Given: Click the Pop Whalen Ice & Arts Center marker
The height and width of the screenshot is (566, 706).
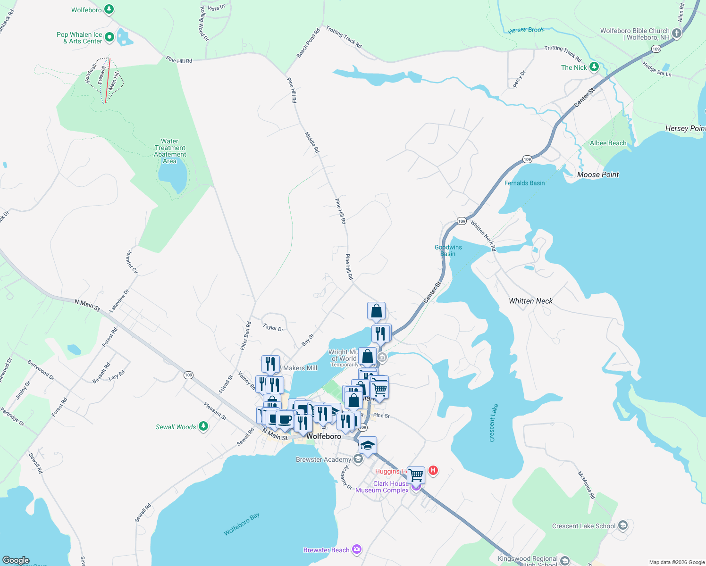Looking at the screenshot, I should [x=109, y=37].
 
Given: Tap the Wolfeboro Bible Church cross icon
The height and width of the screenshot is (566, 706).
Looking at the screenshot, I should [x=677, y=33].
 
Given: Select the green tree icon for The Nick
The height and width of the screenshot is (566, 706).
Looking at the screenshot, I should [x=594, y=67].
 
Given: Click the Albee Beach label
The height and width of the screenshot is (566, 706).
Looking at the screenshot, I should [x=608, y=143].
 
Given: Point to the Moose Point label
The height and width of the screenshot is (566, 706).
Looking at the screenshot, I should [x=597, y=175].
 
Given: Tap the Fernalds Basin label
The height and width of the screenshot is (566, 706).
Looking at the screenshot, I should [x=524, y=183].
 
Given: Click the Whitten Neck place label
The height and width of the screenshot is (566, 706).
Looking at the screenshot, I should [x=530, y=301].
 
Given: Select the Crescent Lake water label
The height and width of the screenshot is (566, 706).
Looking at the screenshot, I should [x=493, y=423].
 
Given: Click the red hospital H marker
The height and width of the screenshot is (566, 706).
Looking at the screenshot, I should [x=433, y=470].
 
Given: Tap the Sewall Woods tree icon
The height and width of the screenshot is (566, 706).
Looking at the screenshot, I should [x=203, y=426].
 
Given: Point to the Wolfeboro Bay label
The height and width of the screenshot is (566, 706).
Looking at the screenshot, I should [x=242, y=524].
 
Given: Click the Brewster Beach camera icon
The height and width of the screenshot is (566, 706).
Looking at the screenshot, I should [x=356, y=549].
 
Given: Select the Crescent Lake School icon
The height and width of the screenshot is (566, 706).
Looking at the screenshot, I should [x=622, y=525].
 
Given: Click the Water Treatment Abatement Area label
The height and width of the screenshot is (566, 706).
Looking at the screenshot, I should [x=170, y=151].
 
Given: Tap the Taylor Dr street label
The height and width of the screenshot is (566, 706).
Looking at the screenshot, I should [x=273, y=327].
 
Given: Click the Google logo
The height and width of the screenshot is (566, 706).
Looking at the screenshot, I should [x=16, y=560].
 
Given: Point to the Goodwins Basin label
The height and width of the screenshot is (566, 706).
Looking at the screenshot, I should [x=448, y=250].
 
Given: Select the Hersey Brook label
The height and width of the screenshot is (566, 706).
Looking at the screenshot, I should [x=526, y=30].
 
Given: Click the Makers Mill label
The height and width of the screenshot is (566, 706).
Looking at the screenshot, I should [x=300, y=368].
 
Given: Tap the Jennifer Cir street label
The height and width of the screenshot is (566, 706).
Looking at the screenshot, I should [x=132, y=262].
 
